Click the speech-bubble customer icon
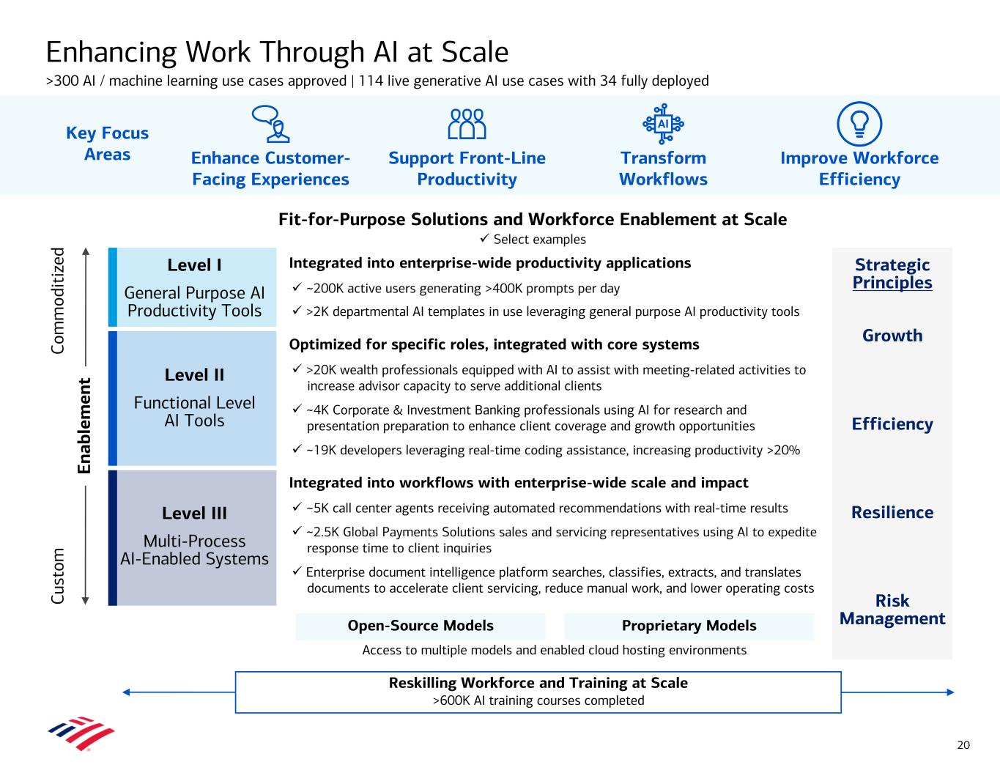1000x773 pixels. [270, 124]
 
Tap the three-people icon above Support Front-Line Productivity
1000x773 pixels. [467, 124]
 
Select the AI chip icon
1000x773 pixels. [663, 124]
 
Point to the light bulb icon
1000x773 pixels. [859, 124]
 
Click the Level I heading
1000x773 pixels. [194, 265]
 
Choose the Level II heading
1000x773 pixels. [194, 375]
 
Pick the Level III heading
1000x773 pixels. [194, 513]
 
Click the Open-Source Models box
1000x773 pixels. [421, 626]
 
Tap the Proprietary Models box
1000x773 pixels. [689, 626]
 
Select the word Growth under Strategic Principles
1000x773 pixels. [892, 336]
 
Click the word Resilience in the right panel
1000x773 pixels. [892, 512]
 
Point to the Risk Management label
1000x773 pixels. [892, 610]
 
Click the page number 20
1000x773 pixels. [963, 745]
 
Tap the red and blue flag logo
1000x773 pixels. [81, 733]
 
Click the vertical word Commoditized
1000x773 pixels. [58, 300]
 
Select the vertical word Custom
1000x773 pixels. [58, 576]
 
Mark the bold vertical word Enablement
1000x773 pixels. [84, 426]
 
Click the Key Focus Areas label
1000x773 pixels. [107, 144]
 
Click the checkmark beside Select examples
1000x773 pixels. [484, 238]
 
